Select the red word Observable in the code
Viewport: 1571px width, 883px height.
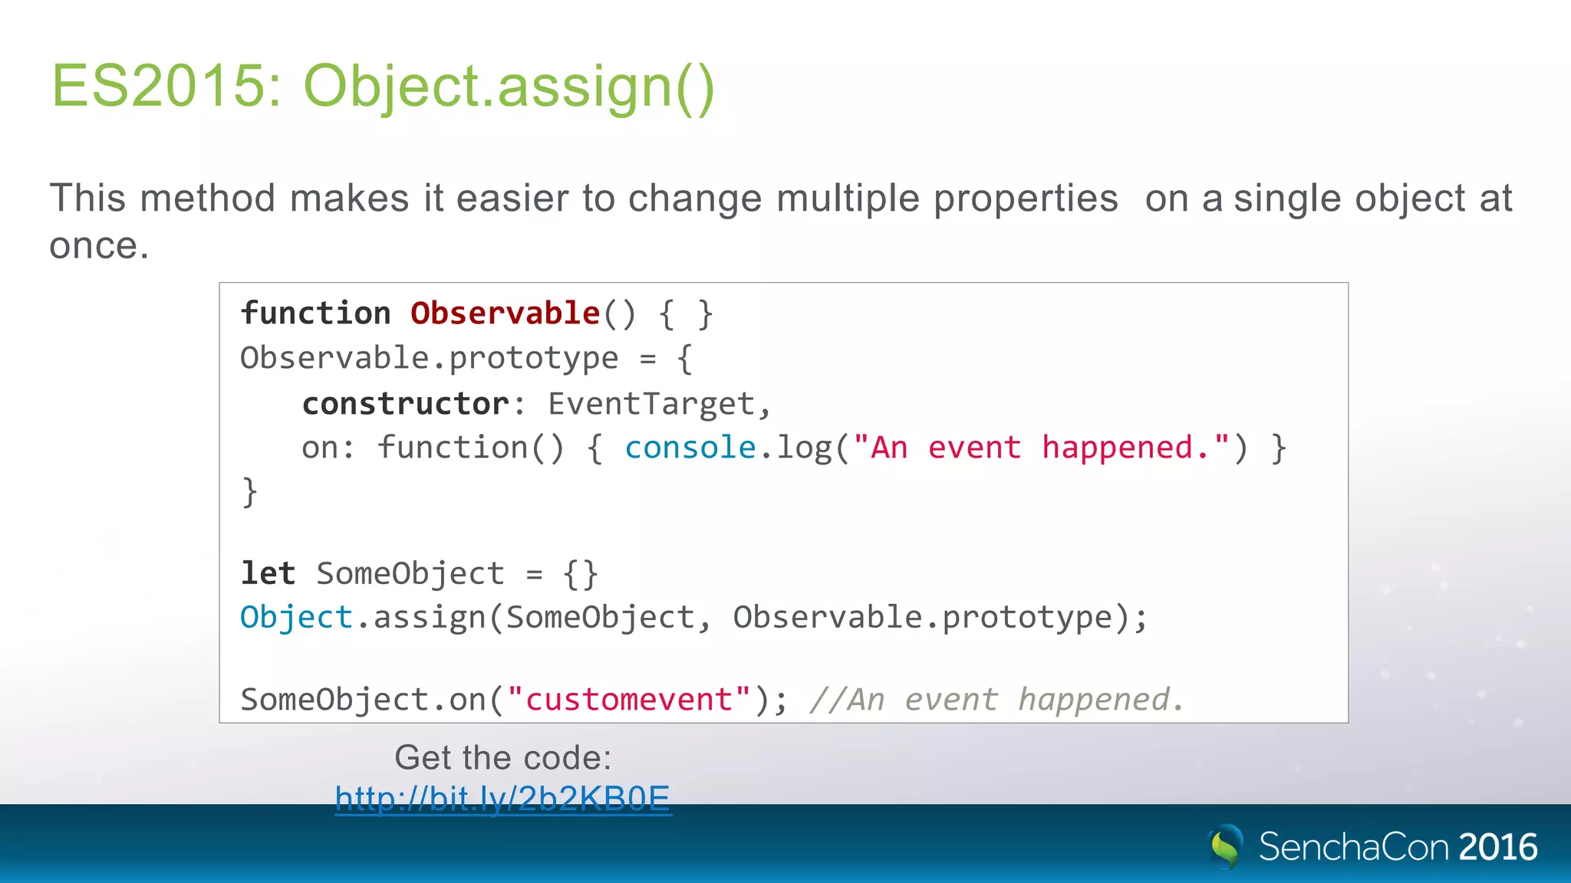[505, 313]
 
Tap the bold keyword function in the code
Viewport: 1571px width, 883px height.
[315, 313]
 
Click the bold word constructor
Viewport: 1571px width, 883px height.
[405, 404]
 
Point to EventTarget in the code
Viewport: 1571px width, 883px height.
[651, 404]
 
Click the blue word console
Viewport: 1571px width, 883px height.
[690, 448]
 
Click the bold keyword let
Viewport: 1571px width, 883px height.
[268, 573]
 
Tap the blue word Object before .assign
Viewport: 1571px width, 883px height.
[296, 618]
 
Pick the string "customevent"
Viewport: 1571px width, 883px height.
[629, 700]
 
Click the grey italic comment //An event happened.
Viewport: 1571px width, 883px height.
[996, 700]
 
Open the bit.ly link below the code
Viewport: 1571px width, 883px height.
[503, 799]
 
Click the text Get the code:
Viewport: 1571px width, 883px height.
[503, 757]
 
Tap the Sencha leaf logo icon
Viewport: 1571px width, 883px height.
[1226, 846]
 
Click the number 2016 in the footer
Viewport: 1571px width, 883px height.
[1498, 847]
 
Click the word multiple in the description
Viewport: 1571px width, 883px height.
[848, 199]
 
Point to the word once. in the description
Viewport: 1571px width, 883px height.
[99, 246]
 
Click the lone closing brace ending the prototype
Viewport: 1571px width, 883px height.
[250, 492]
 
